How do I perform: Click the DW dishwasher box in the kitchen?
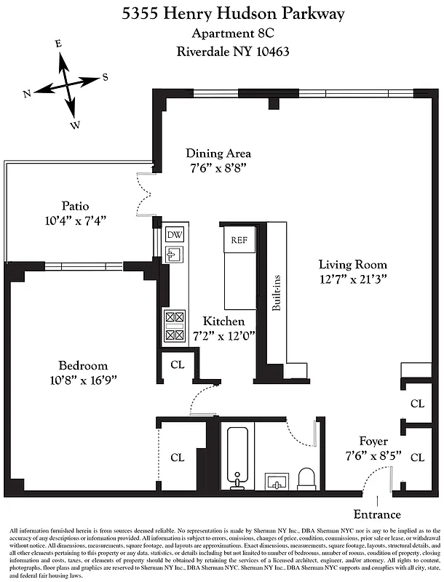(x=175, y=235)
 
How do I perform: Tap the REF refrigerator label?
(x=239, y=240)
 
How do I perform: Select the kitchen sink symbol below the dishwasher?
(x=175, y=254)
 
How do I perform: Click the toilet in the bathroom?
(x=306, y=478)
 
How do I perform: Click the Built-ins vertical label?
(x=277, y=293)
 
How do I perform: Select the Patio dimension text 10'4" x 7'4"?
(x=74, y=220)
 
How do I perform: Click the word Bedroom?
(x=83, y=365)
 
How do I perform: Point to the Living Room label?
(x=353, y=265)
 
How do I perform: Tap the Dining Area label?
(x=218, y=154)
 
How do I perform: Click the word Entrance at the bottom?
(x=378, y=513)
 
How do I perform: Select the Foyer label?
(x=373, y=442)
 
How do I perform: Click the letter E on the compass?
(x=59, y=44)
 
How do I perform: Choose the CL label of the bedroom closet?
(x=177, y=458)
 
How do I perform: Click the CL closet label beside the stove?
(x=177, y=364)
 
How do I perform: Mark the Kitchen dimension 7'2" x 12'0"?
(x=223, y=336)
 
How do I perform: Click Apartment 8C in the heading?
(x=223, y=33)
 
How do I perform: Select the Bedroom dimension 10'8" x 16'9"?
(x=83, y=380)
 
